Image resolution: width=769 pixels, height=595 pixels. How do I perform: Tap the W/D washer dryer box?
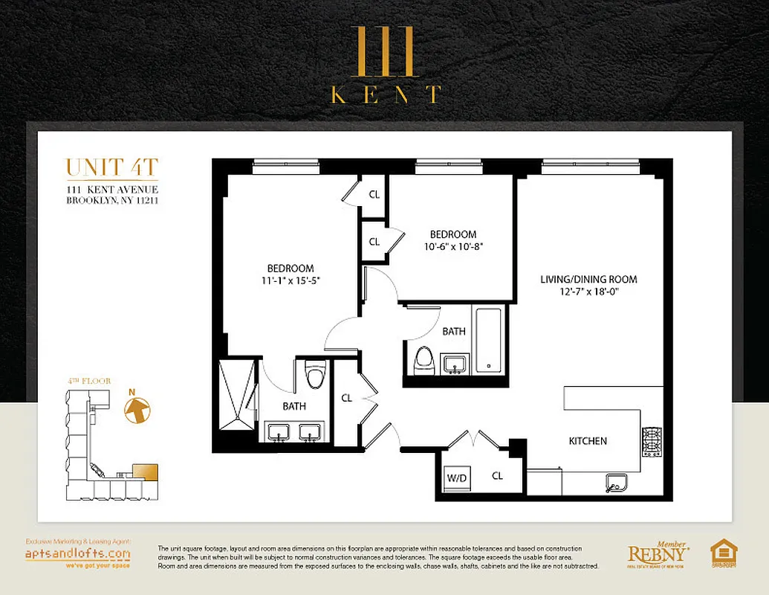tap(455, 477)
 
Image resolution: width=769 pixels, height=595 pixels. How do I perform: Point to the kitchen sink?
tap(616, 483)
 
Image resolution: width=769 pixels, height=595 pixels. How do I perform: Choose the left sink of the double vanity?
tap(279, 432)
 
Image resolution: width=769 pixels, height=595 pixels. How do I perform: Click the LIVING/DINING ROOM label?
tap(588, 280)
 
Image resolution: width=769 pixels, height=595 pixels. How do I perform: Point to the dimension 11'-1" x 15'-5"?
tap(291, 280)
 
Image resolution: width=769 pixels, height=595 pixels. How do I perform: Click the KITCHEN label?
tap(588, 441)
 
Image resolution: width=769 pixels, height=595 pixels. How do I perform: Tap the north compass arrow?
tap(137, 409)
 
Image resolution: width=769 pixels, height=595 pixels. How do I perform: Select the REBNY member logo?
tap(657, 554)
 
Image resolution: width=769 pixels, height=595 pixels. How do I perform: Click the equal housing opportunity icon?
tap(724, 554)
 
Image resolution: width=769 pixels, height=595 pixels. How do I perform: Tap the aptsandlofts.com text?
tap(77, 554)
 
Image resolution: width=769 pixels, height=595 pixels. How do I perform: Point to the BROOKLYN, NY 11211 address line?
tap(112, 200)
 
